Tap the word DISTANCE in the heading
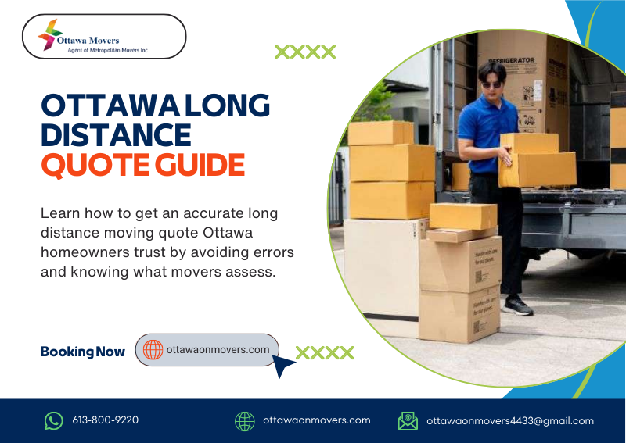[116, 134]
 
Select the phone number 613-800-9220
[105, 420]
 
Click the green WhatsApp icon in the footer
[53, 421]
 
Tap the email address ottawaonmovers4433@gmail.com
[510, 420]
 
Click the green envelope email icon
[408, 421]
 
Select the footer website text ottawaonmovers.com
[316, 420]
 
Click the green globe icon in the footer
[245, 421]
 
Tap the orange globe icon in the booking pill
[153, 350]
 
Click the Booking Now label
[82, 352]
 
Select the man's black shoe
[518, 305]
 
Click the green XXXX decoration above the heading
[305, 52]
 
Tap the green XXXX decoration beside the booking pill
[325, 352]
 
